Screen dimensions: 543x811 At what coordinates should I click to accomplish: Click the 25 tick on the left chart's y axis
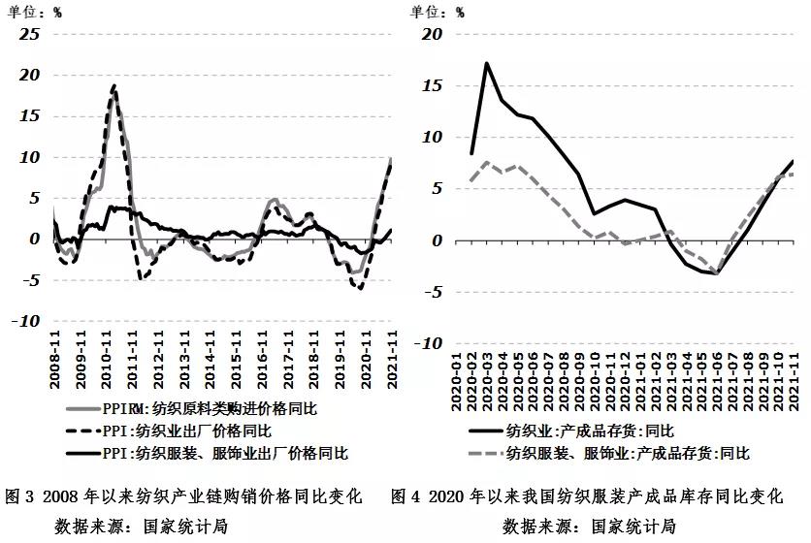(x=29, y=34)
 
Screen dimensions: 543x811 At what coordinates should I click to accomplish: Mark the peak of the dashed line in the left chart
(x=114, y=85)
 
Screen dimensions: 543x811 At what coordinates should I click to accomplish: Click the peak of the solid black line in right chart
(x=486, y=64)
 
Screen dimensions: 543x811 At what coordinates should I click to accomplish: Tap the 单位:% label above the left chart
(x=35, y=12)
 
